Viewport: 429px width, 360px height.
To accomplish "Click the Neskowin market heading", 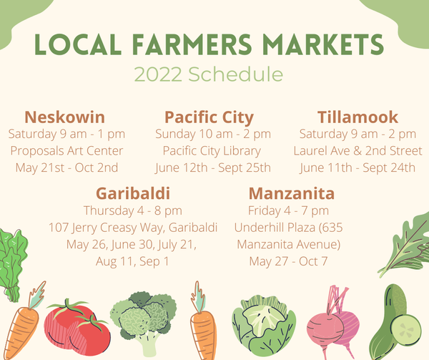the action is coord(65,117).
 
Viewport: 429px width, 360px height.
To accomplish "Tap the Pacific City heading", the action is coord(209,117).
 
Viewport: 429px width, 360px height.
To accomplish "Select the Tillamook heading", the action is coord(357,117).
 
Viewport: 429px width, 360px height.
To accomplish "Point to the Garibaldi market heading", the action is coord(133,193).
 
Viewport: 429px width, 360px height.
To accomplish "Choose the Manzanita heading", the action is coord(292,193).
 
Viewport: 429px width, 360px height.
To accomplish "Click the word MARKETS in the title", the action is coord(323,44).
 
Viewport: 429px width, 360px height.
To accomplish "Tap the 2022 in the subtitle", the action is coord(158,74).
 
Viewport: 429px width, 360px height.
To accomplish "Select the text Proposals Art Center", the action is coord(66,151).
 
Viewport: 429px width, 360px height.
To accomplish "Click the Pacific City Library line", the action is coord(212,151).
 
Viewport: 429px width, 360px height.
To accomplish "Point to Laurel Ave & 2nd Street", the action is coord(358,151).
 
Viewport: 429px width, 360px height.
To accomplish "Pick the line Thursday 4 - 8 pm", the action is coord(133,211).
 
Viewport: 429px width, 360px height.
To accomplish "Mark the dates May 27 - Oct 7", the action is coord(288,261).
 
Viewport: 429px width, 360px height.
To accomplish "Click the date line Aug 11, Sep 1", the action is coord(132,262).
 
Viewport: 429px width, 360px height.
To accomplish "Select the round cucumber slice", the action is coord(405,331).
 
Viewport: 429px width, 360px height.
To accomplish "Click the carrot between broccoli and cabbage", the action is coord(203,321).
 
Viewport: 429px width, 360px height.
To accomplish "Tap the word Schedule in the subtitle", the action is coord(235,74).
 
